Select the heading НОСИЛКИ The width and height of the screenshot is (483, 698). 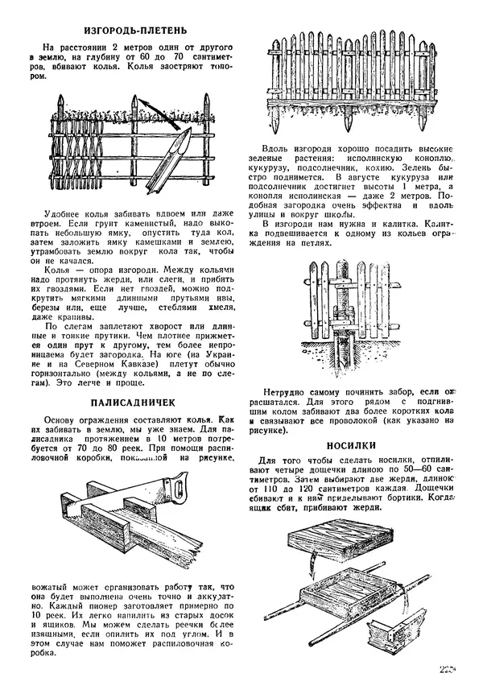(x=354, y=444)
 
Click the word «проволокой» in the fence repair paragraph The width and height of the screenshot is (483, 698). (x=372, y=419)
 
